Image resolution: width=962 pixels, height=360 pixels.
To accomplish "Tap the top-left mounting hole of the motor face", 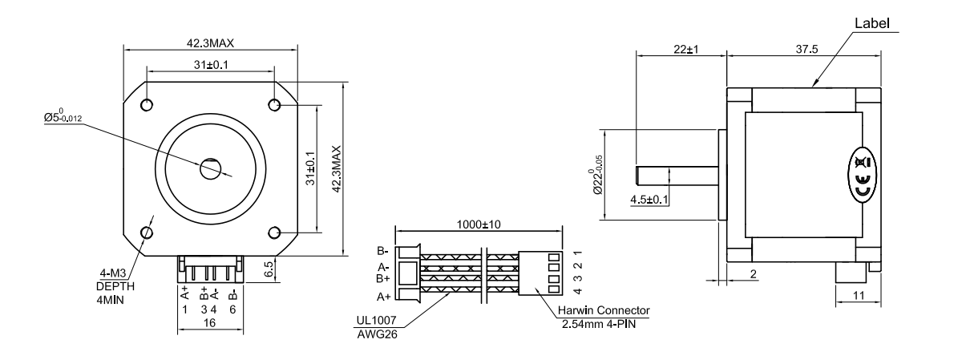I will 148,105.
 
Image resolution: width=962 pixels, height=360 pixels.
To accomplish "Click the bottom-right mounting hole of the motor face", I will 275,233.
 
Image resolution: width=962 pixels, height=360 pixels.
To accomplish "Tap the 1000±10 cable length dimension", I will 479,224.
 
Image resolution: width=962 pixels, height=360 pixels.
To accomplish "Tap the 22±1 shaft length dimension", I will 685,49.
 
